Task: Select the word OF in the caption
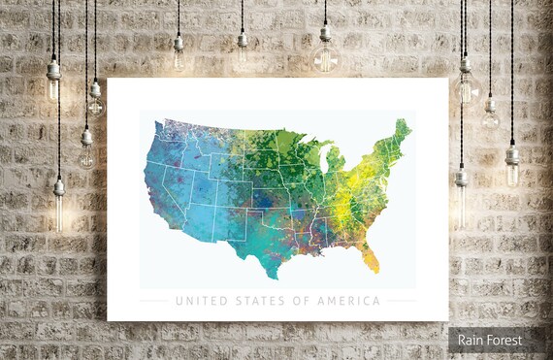click(x=298, y=301)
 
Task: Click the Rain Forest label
click(x=490, y=340)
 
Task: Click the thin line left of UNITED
click(x=153, y=301)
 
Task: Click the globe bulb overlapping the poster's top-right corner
click(x=465, y=88)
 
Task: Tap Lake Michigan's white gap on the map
click(x=323, y=165)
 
